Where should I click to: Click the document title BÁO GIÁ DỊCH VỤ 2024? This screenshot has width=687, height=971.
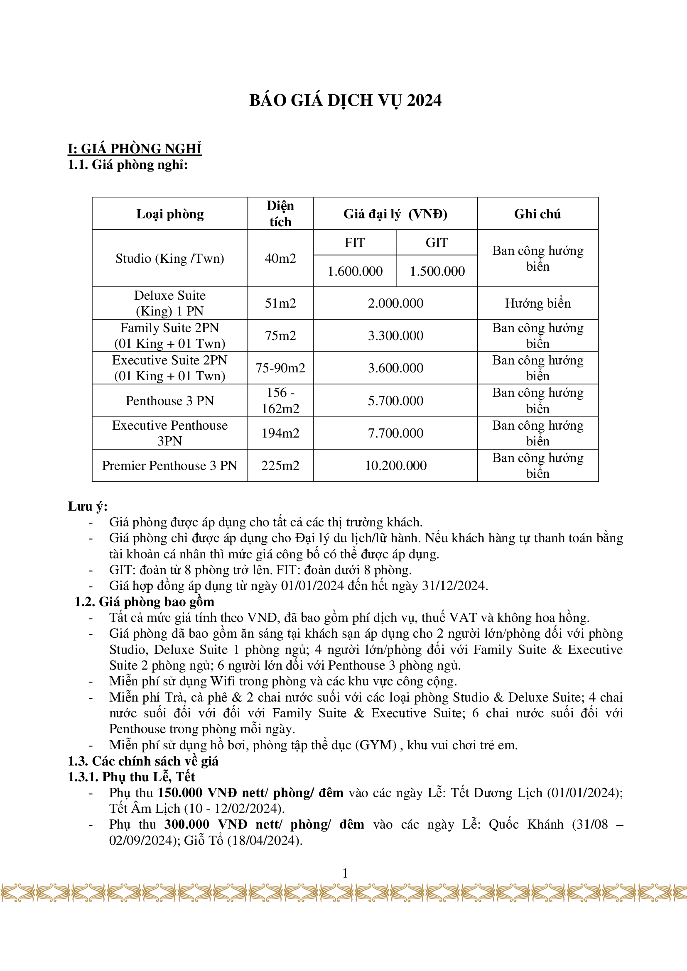coord(345,100)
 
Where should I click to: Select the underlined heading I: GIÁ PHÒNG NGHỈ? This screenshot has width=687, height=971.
coord(135,149)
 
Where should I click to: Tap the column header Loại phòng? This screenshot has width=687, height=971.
coord(169,214)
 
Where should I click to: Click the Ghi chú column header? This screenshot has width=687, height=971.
coord(537,214)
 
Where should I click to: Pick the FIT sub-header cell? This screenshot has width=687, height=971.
coord(354,243)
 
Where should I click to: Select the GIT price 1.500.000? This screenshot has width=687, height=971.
coord(437,271)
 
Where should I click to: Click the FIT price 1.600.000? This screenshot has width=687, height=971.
coord(355,271)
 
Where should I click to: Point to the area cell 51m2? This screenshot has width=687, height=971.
coord(280,303)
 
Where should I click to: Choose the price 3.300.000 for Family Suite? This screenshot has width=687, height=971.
coord(395,336)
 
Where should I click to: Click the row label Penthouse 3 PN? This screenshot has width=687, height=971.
coord(169,401)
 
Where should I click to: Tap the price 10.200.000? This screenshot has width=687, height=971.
coord(395,466)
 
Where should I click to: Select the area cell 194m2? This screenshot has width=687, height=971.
coord(280,433)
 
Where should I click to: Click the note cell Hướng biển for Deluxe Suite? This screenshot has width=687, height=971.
coord(537,303)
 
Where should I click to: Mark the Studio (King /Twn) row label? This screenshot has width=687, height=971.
coord(169,258)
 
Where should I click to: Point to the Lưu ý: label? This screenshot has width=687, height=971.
coord(88,506)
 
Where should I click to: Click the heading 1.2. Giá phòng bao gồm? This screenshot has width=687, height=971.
coord(144,602)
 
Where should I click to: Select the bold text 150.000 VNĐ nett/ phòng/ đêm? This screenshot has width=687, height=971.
coord(250,792)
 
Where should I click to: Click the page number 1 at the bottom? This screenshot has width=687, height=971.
coord(345,873)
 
